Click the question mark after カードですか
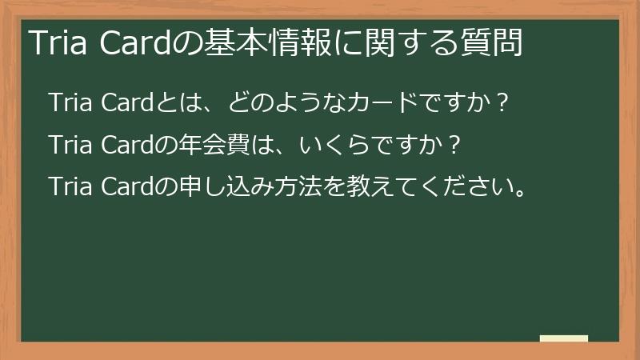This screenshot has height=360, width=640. click(501, 104)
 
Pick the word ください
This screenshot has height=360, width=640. click(467, 190)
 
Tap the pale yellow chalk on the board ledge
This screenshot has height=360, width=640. click(563, 338)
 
